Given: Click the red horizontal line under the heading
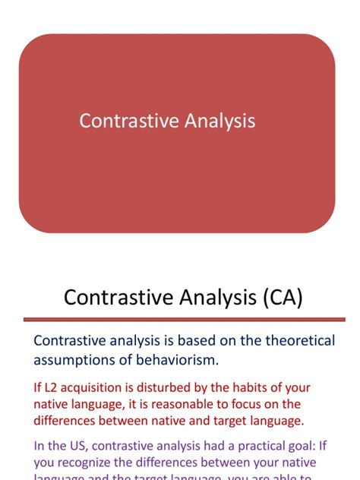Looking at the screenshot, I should pyautogui.click(x=179, y=319).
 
